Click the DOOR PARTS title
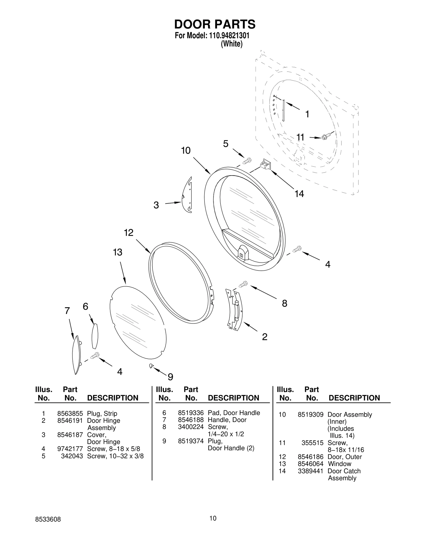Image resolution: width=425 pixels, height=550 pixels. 215,24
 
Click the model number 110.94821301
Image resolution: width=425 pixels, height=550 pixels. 228,36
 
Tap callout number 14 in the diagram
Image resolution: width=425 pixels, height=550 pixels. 299,194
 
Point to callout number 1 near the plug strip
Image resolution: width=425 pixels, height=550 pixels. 307,114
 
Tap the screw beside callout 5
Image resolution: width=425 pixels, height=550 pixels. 247,161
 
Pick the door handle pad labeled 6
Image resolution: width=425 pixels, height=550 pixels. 95,336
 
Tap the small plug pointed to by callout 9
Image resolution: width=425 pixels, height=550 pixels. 151,366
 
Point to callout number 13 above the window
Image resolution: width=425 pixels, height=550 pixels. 117,252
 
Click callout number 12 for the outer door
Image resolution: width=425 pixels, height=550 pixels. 129,233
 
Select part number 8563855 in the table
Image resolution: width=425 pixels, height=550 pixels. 70,413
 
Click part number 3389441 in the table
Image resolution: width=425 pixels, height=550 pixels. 311,471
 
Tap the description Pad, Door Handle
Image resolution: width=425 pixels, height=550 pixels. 234,413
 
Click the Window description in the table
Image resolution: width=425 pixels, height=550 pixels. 339,464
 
